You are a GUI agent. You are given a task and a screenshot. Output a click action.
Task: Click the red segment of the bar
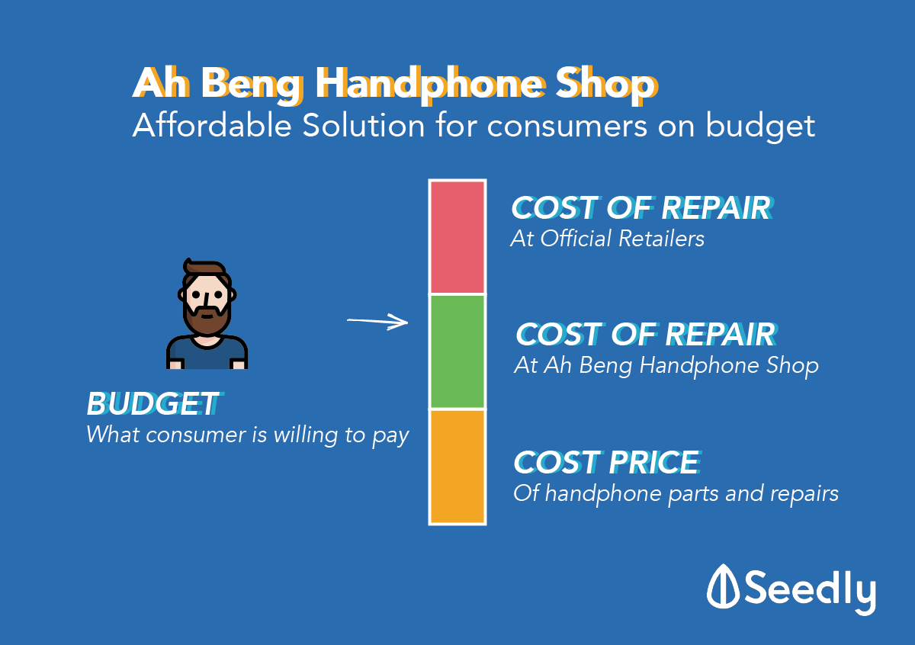[457, 237]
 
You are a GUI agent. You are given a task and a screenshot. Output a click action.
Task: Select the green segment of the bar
[457, 351]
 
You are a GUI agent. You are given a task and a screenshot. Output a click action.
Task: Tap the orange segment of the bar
[457, 467]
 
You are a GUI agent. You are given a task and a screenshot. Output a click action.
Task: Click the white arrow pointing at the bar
[377, 322]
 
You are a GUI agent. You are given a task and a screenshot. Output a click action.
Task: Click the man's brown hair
[204, 268]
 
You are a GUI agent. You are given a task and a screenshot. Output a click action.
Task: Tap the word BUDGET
[153, 403]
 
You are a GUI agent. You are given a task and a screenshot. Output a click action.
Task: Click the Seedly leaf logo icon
[723, 586]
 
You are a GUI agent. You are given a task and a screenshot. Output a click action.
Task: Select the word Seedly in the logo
[810, 592]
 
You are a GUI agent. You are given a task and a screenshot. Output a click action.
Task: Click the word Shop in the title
[607, 85]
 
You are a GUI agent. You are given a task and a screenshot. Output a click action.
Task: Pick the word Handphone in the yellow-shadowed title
[431, 85]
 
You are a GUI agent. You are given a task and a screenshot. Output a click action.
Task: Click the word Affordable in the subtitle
[212, 125]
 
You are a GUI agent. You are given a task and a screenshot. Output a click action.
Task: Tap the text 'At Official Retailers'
[608, 239]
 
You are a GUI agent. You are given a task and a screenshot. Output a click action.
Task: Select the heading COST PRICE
[608, 463]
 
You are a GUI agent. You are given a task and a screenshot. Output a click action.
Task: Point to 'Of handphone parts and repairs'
[676, 494]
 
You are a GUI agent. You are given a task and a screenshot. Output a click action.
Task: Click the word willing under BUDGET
[306, 435]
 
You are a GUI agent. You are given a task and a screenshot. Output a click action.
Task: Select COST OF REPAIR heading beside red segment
[642, 207]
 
